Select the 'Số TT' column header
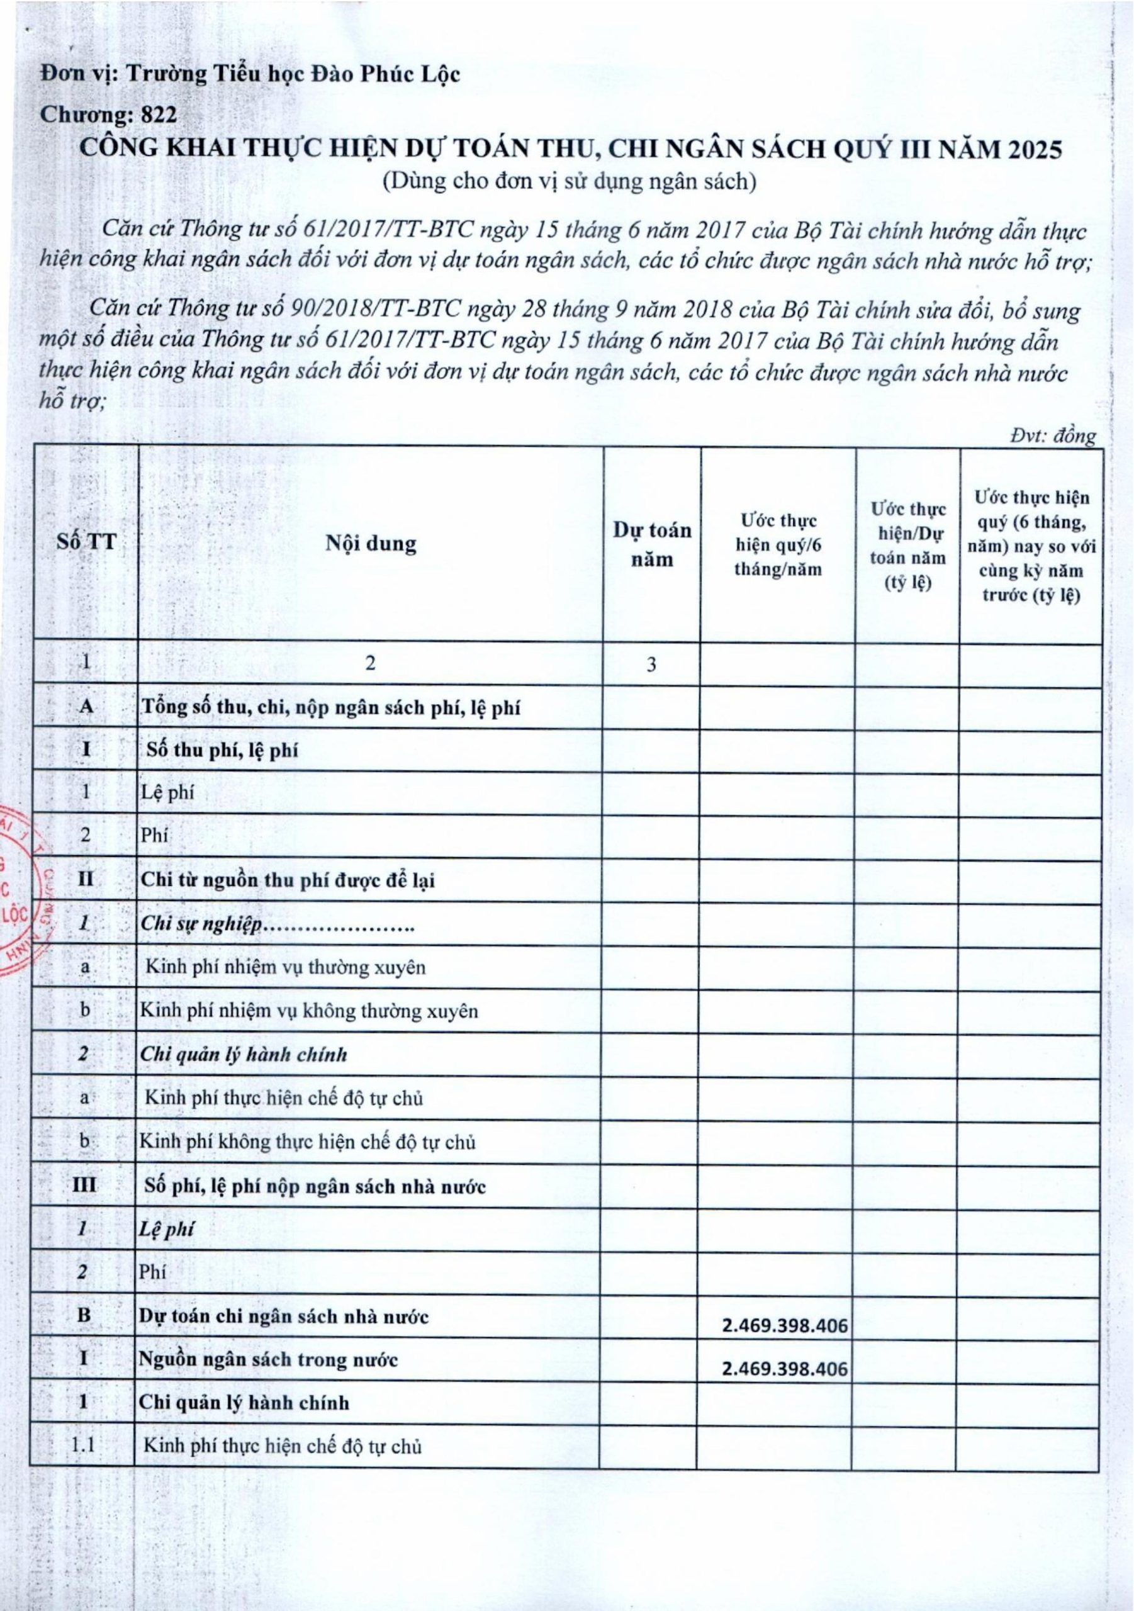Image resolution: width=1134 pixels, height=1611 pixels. (x=86, y=542)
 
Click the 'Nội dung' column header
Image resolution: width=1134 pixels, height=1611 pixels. (x=371, y=543)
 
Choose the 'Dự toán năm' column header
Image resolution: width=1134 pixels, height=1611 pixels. (x=652, y=544)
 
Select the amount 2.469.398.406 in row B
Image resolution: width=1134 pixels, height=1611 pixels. (x=785, y=1325)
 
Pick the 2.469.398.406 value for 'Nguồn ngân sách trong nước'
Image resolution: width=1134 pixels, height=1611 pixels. (x=785, y=1369)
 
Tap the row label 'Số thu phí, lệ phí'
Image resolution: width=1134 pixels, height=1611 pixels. (x=222, y=751)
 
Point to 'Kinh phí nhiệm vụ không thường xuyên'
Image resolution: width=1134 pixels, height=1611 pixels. (x=309, y=1011)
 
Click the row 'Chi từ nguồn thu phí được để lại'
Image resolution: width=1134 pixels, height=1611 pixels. (x=288, y=880)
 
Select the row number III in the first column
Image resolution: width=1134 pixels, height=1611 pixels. (x=84, y=1186)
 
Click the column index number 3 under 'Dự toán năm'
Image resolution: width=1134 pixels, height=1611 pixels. (x=651, y=665)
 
